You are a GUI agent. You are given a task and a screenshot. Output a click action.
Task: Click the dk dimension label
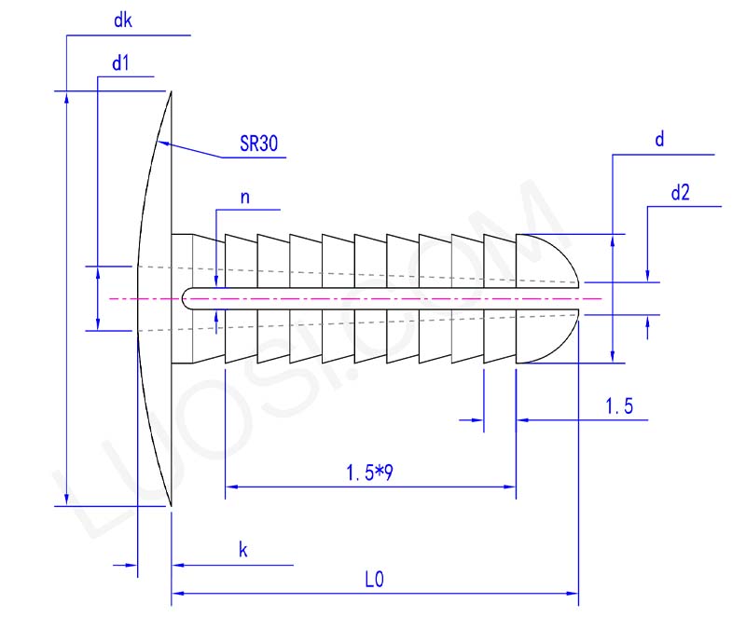pyautogui.click(x=121, y=20)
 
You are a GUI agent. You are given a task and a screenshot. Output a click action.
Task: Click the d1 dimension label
pyautogui.click(x=119, y=63)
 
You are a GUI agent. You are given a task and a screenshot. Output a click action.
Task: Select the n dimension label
pyautogui.click(x=245, y=197)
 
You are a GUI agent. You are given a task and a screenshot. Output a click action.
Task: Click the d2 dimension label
pyautogui.click(x=680, y=194)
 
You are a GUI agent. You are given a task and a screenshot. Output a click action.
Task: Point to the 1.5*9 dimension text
pyautogui.click(x=369, y=473)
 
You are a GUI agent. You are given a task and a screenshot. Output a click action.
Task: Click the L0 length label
pyautogui.click(x=374, y=579)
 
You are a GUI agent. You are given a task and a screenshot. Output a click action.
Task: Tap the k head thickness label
pyautogui.click(x=242, y=551)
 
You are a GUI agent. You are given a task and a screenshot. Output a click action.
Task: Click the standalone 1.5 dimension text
pyautogui.click(x=619, y=405)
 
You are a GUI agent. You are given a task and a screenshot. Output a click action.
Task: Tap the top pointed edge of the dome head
pyautogui.click(x=172, y=92)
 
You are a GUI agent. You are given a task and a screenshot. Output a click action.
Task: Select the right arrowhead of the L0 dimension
pyautogui.click(x=573, y=592)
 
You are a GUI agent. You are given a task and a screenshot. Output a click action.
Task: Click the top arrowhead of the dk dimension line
pyautogui.click(x=66, y=97)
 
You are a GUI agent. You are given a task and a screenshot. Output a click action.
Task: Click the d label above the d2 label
pyautogui.click(x=659, y=140)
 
